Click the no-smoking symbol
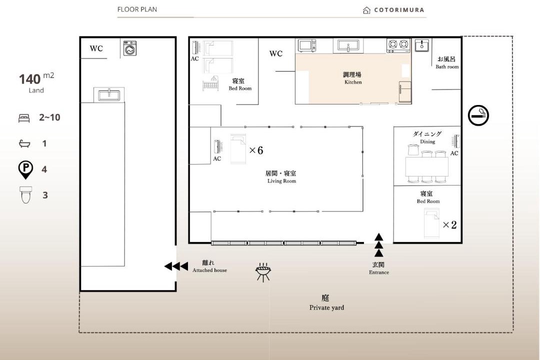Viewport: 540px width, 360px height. (x=478, y=115)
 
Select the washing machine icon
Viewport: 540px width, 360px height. (x=130, y=48)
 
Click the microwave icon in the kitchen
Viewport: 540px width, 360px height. (x=307, y=45)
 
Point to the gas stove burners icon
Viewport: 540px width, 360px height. (x=398, y=45)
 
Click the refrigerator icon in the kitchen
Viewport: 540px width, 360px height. (x=405, y=91)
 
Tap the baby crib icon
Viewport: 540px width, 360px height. (x=210, y=83)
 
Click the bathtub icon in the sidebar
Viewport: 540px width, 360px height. (x=24, y=143)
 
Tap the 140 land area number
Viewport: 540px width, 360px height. (x=30, y=79)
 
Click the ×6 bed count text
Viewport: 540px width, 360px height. (x=256, y=150)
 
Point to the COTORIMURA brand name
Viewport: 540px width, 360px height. (x=399, y=10)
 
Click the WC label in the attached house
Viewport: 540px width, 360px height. (x=96, y=48)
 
